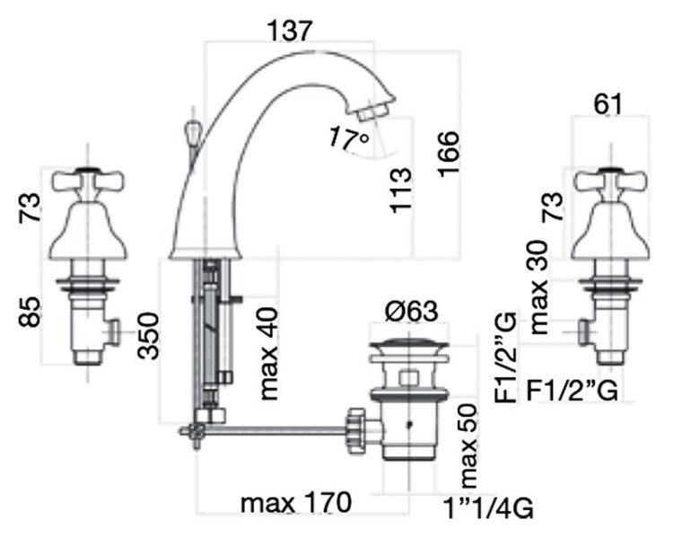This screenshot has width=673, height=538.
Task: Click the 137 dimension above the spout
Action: coord(288,31)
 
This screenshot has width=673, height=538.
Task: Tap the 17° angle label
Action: coord(348,138)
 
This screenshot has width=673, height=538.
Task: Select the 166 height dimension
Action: coord(449,154)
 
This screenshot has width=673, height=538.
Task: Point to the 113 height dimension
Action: coord(401,190)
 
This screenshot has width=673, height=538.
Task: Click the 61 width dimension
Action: coord(607,104)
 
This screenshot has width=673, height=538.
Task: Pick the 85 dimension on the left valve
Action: coord(30,312)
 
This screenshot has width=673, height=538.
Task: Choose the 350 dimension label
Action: coord(148,336)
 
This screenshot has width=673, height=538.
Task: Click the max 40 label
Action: coord(269,353)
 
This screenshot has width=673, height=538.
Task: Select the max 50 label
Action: coord(468,445)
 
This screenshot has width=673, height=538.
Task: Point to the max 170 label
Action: coord(296,502)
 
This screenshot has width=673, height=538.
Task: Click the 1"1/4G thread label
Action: coord(488,508)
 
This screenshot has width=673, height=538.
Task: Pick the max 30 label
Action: coord(539,287)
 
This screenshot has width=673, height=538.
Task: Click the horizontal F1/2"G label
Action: coord(572,391)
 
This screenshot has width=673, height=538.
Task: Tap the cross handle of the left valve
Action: coord(88,181)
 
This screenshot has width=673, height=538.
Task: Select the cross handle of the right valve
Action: coord(610,181)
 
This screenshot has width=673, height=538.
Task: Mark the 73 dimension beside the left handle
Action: coord(30,207)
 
